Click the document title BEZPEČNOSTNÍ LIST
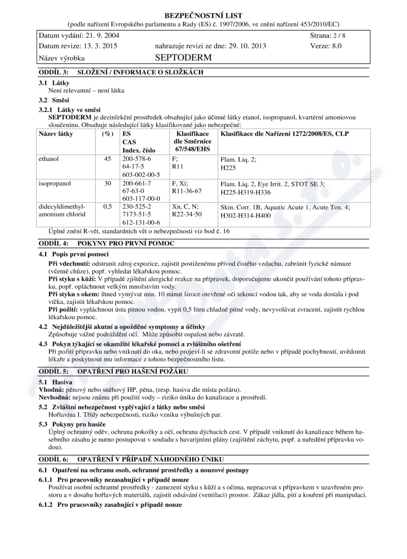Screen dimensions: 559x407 pos(203,15)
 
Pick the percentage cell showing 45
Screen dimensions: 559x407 pos(107,159)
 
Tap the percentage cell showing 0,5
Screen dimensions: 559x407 pos(107,207)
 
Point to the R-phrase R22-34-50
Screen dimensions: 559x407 pos(187,214)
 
